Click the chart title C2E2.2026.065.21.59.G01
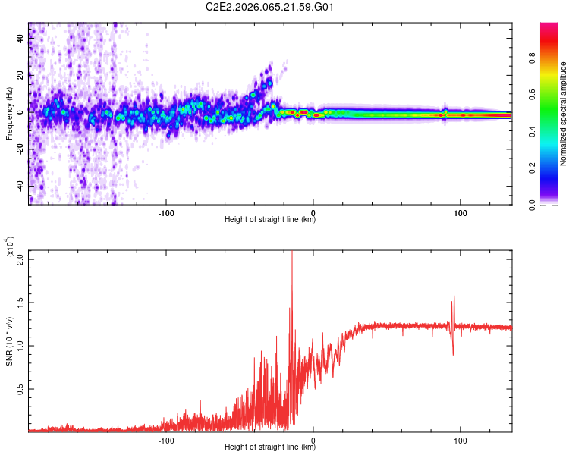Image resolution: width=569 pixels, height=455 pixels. pyautogui.click(x=271, y=8)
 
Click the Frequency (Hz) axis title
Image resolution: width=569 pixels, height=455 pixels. pyautogui.click(x=9, y=113)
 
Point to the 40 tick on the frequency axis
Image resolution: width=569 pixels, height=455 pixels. pyautogui.click(x=20, y=38)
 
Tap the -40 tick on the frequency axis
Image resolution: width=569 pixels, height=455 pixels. pyautogui.click(x=20, y=186)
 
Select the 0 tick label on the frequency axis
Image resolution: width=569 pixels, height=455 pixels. pyautogui.click(x=20, y=111)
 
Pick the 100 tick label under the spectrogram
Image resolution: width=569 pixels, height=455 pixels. pyautogui.click(x=460, y=212)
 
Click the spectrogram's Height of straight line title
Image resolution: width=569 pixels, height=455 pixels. pyautogui.click(x=270, y=220)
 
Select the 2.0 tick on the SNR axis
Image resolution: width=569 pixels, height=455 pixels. pyautogui.click(x=20, y=259)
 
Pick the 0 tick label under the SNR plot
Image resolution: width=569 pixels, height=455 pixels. pyautogui.click(x=313, y=439)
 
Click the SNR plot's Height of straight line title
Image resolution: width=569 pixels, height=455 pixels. pyautogui.click(x=270, y=447)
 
